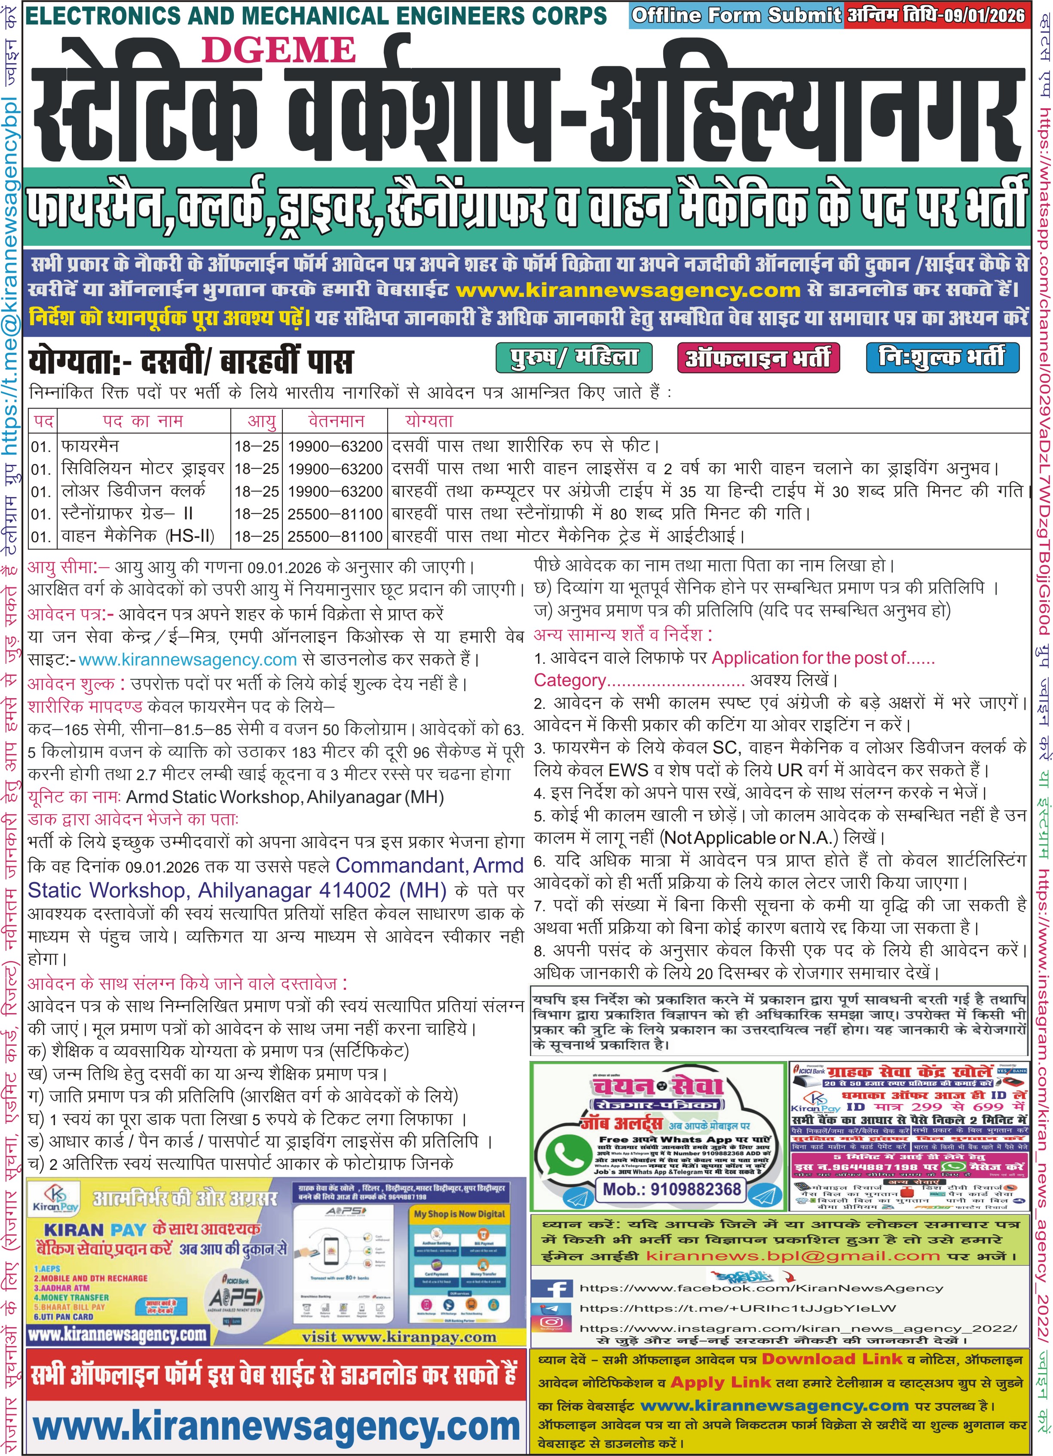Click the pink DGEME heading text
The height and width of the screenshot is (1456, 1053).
(x=279, y=51)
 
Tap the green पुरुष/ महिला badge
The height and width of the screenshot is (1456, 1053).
(x=573, y=357)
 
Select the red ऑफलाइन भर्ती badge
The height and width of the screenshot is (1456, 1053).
(x=758, y=357)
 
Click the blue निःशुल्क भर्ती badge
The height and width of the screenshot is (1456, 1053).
(x=942, y=357)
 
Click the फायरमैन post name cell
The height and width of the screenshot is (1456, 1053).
(x=90, y=446)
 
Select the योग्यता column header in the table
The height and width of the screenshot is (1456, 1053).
(x=429, y=421)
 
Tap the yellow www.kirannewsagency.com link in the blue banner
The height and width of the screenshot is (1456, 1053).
(x=628, y=290)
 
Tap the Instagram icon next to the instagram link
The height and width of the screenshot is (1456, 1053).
(x=551, y=1322)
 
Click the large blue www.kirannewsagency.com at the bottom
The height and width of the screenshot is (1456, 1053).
(x=276, y=1426)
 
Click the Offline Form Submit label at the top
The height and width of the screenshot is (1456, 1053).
(x=736, y=15)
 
